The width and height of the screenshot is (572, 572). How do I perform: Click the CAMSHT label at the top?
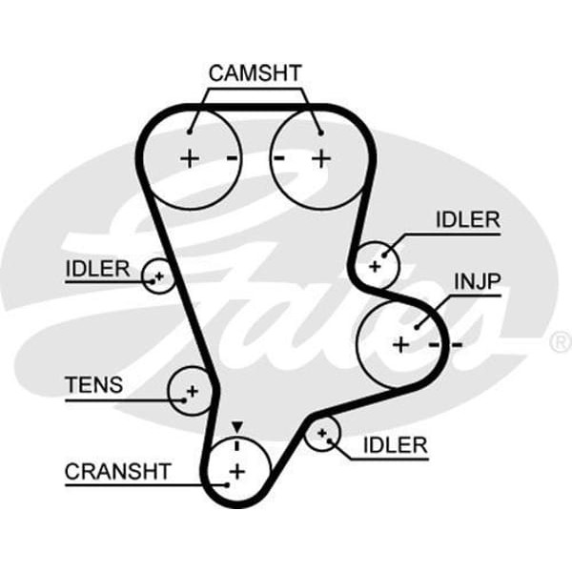[x=255, y=73]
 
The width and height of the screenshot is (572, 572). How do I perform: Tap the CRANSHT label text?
[x=117, y=471]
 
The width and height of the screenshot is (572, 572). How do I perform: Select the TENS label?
[x=93, y=385]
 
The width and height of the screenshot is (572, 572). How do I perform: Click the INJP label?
[x=477, y=282]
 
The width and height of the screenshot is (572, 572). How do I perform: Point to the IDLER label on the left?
[x=96, y=268]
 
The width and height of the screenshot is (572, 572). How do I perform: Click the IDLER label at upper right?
[x=467, y=220]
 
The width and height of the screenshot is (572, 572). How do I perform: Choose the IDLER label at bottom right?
[x=395, y=445]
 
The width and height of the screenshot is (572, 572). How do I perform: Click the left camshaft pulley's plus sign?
[x=190, y=158]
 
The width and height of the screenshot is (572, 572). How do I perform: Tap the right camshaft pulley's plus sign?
[x=320, y=158]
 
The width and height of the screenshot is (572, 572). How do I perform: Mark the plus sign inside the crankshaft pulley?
[x=236, y=469]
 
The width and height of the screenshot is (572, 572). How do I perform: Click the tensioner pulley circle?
[x=190, y=389]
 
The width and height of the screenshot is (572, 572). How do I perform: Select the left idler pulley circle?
[x=157, y=277]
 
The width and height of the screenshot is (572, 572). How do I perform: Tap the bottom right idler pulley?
[x=324, y=436]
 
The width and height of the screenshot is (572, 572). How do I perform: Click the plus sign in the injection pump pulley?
[x=400, y=343]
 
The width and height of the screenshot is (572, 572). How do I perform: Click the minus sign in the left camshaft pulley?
[x=232, y=158]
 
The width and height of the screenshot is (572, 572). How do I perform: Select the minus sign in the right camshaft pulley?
[x=280, y=158]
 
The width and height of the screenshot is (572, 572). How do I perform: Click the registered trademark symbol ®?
[x=561, y=340]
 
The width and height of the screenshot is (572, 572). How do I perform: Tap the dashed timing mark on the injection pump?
[x=445, y=343]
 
